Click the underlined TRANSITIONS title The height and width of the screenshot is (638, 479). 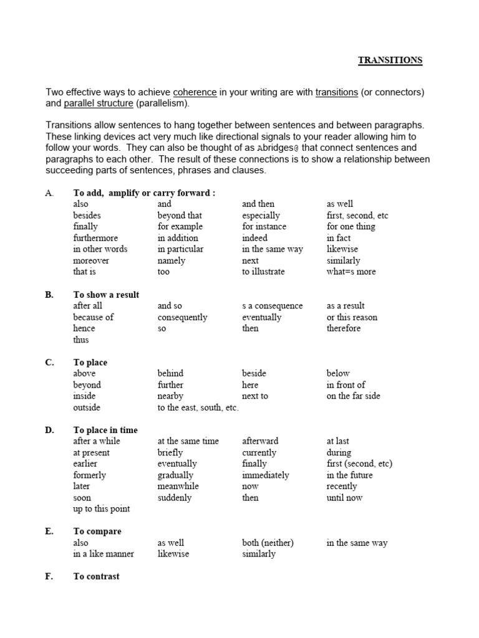click(390, 60)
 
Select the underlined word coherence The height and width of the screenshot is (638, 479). click(195, 92)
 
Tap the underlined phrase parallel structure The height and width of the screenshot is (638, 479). click(97, 103)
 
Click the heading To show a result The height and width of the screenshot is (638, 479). click(106, 295)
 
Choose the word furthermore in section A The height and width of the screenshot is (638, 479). click(95, 238)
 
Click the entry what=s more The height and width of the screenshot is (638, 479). click(351, 272)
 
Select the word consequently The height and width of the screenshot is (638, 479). click(182, 317)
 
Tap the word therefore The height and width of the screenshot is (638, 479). click(344, 328)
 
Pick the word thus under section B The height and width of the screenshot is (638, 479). click(81, 340)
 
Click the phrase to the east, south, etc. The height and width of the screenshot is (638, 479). click(198, 407)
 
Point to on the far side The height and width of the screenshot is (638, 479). click(353, 396)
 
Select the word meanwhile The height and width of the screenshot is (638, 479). click(178, 487)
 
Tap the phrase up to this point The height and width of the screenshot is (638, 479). click(102, 509)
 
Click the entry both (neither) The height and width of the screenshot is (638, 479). click(268, 543)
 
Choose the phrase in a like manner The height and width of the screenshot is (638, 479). click(104, 554)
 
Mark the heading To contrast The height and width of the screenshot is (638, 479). click(96, 576)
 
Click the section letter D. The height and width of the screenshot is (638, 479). click(49, 430)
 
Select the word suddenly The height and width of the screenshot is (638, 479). click(175, 498)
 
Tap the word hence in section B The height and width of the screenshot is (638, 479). click(84, 328)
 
